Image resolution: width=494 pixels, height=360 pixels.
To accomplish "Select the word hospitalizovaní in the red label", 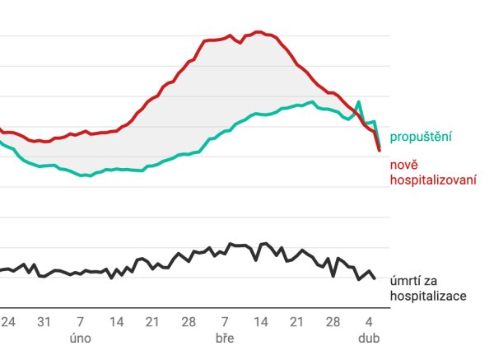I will pyautogui.click(x=434, y=180).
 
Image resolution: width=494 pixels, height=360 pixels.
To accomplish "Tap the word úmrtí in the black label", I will pyautogui.click(x=407, y=282).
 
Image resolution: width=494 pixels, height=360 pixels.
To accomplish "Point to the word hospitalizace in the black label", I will pyautogui.click(x=429, y=296).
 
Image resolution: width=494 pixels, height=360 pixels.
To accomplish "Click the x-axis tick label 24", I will pyautogui.click(x=9, y=321).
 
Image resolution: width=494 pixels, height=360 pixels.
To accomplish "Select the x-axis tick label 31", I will pyautogui.click(x=45, y=321).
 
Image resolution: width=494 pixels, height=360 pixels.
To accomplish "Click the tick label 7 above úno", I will pyautogui.click(x=81, y=321).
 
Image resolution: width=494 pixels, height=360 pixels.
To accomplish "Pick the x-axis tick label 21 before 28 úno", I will pyautogui.click(x=152, y=321).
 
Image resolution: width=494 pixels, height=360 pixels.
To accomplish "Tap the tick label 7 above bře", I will pyautogui.click(x=224, y=321).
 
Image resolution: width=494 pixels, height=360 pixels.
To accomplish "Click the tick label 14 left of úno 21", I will pyautogui.click(x=117, y=321).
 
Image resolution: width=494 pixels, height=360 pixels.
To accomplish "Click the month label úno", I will pyautogui.click(x=81, y=337).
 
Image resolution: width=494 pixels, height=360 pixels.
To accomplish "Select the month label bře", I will pyautogui.click(x=224, y=337).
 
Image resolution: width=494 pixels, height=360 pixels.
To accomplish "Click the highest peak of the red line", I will pyautogui.click(x=259, y=32).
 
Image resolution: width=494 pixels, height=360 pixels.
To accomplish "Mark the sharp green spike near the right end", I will pyautogui.click(x=359, y=102).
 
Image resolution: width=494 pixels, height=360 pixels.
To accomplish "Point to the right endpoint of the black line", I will pyautogui.click(x=375, y=278).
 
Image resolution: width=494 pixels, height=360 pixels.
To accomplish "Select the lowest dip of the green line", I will pyautogui.click(x=86, y=175).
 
